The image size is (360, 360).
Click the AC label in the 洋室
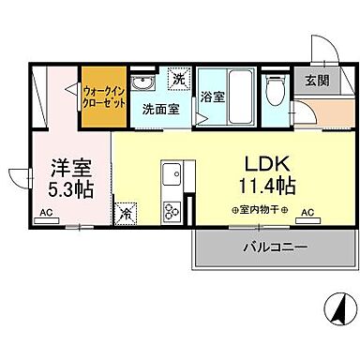click(x=45, y=214)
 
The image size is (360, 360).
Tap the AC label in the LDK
click(x=306, y=214)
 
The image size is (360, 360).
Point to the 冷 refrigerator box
click(x=125, y=213)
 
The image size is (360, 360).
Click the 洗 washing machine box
click(x=177, y=79)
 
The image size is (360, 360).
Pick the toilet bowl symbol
click(x=275, y=91)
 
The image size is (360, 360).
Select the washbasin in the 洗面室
click(x=142, y=81)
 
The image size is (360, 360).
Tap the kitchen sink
click(x=172, y=174)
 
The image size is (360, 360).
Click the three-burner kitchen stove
click(x=172, y=210)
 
